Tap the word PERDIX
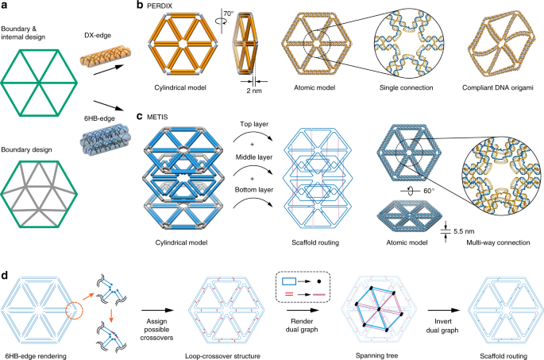pyautogui.click(x=160, y=6)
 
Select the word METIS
pyautogui.click(x=157, y=117)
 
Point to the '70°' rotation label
pyautogui.click(x=229, y=14)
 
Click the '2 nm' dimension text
pyautogui.click(x=254, y=91)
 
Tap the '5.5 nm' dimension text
pyautogui.click(x=464, y=231)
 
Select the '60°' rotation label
pyautogui.click(x=429, y=191)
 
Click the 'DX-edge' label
pyautogui.click(x=98, y=36)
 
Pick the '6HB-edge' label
pyautogui.click(x=99, y=118)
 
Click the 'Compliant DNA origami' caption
pyautogui.click(x=497, y=88)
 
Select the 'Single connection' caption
pyautogui.click(x=407, y=88)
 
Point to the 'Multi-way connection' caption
pyautogui.click(x=498, y=242)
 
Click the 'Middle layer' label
pyautogui.click(x=254, y=157)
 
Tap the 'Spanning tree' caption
pyautogui.click(x=376, y=355)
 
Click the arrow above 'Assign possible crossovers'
pyautogui.click(x=157, y=311)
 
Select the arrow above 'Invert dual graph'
pyautogui.click(x=444, y=311)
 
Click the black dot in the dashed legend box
pyautogui.click(x=318, y=281)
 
